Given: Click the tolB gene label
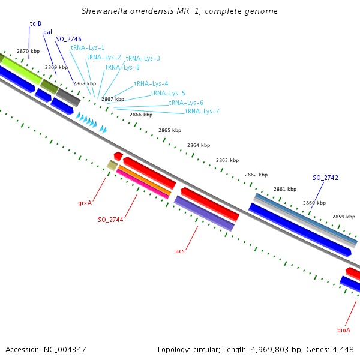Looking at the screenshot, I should coord(35,24).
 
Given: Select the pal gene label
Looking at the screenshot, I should coord(47,32).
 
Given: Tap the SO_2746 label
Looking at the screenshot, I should coord(68,40).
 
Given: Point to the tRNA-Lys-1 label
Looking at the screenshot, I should coord(87,47).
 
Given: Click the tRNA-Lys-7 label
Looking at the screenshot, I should coord(202,111).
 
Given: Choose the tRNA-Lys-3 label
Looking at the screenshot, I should coord(142,59).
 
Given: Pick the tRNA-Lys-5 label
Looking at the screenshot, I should coord(168,94).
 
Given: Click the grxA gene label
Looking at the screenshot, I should coord(85,203).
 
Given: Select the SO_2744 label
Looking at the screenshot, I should coord(110,220).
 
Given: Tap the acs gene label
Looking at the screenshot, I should coord(180,251).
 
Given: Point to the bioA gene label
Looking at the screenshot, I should coord(344,330).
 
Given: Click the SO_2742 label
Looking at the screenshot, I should coord(325,178).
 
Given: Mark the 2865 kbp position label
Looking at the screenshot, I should coord(170,130).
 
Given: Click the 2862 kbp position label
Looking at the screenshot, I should coord(256,175).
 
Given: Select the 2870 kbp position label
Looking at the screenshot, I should coord(28,52).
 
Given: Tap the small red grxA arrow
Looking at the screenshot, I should coord(118,156).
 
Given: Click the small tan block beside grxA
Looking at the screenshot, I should coord(112,164).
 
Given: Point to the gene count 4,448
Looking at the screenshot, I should coord(341,349).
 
